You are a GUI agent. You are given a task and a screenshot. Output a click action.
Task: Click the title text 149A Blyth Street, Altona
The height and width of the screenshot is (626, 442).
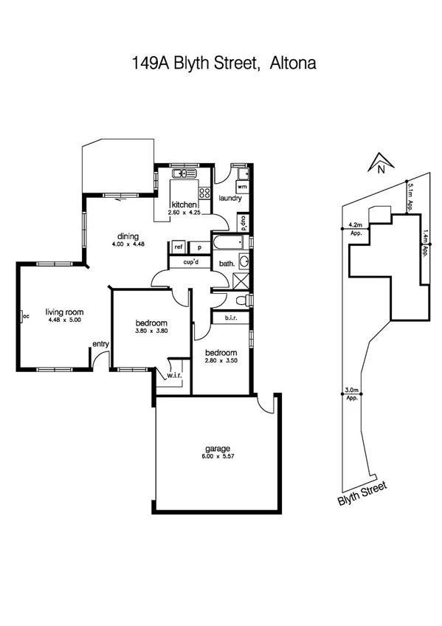221,63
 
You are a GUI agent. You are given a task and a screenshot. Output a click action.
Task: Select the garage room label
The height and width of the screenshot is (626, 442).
218,448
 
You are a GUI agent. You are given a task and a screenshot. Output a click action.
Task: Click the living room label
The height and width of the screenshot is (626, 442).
64,312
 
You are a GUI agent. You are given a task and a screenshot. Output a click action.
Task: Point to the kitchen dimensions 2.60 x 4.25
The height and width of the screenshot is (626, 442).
184,213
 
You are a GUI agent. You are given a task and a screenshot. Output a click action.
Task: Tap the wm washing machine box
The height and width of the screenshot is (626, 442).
241,188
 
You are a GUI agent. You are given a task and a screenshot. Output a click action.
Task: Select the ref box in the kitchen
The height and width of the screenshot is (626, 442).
178,248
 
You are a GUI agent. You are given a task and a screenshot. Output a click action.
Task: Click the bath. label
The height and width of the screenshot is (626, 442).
227,264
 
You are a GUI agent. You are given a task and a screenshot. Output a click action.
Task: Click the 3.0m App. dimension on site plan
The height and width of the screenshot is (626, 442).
352,393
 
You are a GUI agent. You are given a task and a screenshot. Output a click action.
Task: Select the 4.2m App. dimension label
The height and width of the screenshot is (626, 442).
355,228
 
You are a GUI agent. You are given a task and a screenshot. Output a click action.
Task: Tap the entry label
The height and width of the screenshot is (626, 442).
100,344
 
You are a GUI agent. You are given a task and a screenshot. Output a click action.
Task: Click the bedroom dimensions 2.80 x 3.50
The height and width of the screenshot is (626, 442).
221,360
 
